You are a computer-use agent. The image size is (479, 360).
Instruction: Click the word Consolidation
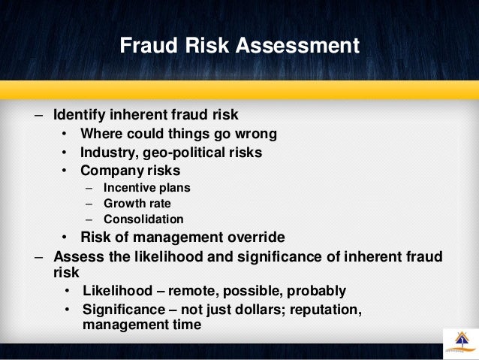pos(143,219)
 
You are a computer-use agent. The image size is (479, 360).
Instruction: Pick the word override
pos(254,237)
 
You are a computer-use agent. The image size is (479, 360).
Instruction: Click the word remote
pos(194,290)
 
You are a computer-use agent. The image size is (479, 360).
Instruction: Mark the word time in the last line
pos(185,325)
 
